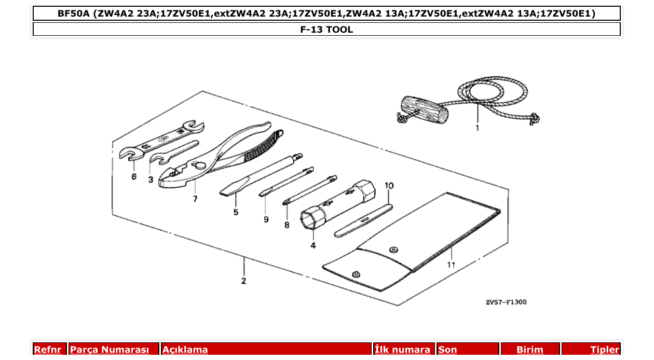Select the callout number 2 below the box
[243, 281]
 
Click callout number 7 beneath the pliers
[195, 199]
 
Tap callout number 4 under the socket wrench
[313, 245]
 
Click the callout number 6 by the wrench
[134, 176]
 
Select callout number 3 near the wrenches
[151, 179]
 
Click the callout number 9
[266, 219]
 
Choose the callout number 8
[287, 225]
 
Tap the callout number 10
[389, 185]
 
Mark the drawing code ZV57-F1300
[506, 302]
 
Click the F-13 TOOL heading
[326, 30]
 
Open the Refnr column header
[47, 350]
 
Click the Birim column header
[530, 350]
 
